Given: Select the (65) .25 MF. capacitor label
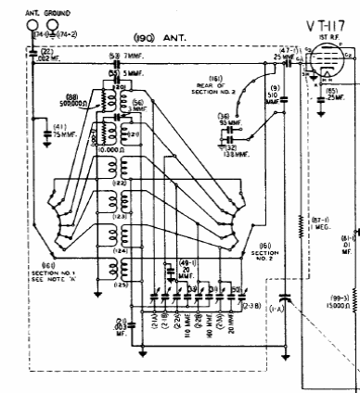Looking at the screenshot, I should coord(333,95).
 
